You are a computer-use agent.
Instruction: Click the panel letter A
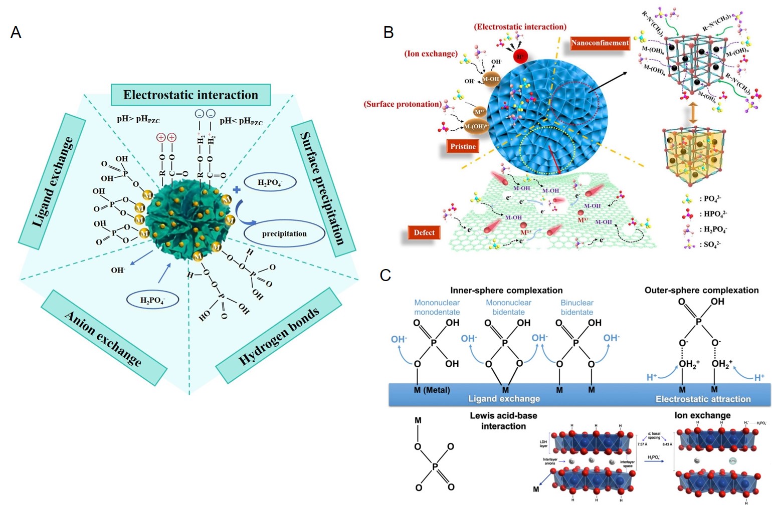pyautogui.click(x=16, y=33)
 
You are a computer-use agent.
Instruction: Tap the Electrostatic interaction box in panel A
pyautogui.click(x=190, y=95)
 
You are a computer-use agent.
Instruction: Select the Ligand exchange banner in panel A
pyautogui.click(x=52, y=181)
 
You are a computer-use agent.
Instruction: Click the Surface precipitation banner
pyautogui.click(x=323, y=188)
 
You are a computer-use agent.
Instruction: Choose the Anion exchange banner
pyautogui.click(x=103, y=338)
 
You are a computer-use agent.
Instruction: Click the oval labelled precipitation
pyautogui.click(x=284, y=233)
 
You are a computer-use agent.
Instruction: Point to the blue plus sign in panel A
pyautogui.click(x=237, y=190)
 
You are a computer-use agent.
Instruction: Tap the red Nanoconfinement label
pyautogui.click(x=600, y=43)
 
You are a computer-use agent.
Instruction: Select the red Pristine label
pyautogui.click(x=463, y=146)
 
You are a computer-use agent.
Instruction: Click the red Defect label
pyautogui.click(x=424, y=232)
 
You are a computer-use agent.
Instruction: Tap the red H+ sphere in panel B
pyautogui.click(x=520, y=57)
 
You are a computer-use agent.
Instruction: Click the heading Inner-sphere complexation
pyautogui.click(x=506, y=290)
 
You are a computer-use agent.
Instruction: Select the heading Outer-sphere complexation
pyautogui.click(x=701, y=290)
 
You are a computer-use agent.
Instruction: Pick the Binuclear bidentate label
pyautogui.click(x=576, y=307)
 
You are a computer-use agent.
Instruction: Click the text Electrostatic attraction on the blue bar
pyautogui.click(x=703, y=399)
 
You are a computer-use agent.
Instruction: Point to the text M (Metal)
pyautogui.click(x=432, y=390)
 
